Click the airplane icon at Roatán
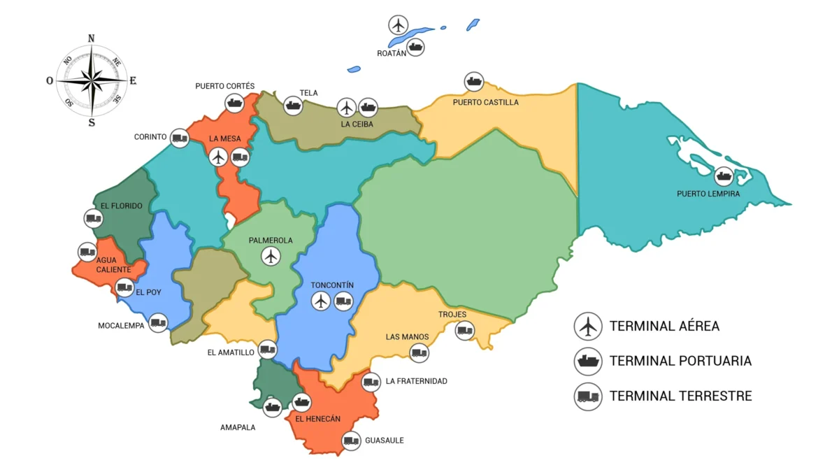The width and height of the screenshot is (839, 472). click(399, 24)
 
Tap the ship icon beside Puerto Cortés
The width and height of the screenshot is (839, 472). click(234, 103)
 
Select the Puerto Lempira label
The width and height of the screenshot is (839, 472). click(708, 194)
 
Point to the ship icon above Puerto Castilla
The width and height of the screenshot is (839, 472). click(474, 82)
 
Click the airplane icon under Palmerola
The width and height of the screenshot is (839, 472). click(271, 257)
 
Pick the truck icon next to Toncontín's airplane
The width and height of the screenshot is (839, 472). click(343, 301)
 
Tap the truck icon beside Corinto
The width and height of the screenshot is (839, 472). click(180, 137)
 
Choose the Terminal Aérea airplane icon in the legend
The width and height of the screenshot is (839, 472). click(588, 326)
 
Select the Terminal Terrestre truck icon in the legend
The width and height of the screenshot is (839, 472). click(588, 396)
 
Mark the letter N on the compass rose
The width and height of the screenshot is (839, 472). click(92, 38)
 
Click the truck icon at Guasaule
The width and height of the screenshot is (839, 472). click(351, 441)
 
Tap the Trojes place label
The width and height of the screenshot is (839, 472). click(452, 315)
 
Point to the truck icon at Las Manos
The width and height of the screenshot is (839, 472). click(419, 353)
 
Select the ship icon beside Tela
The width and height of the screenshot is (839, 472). click(293, 106)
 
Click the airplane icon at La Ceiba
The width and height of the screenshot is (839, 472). click(347, 108)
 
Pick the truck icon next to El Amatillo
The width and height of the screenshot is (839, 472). click(267, 349)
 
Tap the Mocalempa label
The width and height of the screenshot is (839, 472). click(121, 326)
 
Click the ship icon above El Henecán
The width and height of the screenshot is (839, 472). click(301, 402)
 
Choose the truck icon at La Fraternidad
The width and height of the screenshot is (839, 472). click(371, 382)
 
